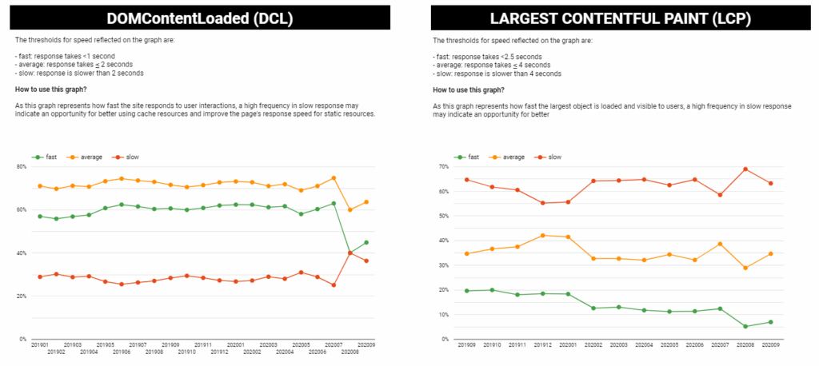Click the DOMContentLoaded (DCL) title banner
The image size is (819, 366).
click(202, 18)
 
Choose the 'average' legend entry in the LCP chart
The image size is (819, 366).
click(504, 157)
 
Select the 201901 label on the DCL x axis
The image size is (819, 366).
click(39, 344)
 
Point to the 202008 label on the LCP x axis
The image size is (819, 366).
click(746, 344)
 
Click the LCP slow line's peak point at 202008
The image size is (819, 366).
click(745, 169)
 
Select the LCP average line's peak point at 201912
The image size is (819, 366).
click(543, 235)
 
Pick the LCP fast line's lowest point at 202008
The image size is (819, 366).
click(745, 326)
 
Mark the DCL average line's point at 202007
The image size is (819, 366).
click(334, 177)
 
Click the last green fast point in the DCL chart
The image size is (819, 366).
click(366, 242)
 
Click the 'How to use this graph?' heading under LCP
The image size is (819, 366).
click(468, 90)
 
